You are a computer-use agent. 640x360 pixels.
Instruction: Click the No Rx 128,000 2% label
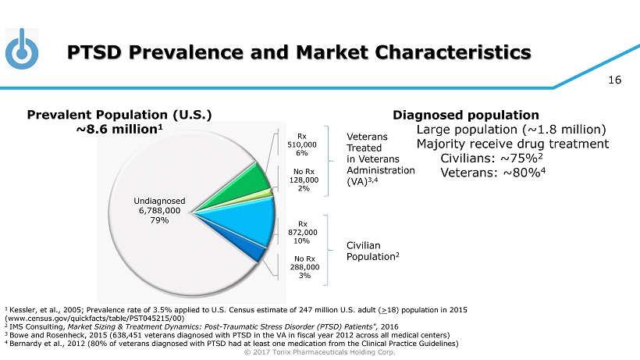click(x=302, y=179)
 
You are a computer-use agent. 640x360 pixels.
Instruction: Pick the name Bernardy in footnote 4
click(x=27, y=343)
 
